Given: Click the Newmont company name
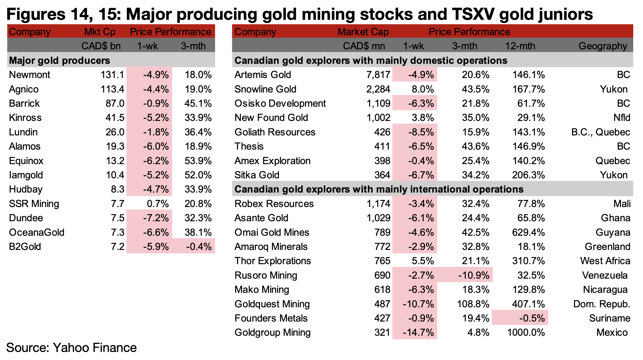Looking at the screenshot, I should (x=30, y=75).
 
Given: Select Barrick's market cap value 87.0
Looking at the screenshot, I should (x=115, y=103).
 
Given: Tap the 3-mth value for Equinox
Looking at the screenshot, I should (x=198, y=161).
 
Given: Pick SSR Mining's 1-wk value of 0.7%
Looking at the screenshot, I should (x=158, y=204).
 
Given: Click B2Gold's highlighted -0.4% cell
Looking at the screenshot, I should (x=199, y=247).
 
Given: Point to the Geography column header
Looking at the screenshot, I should (x=603, y=46).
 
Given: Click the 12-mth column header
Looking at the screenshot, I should (x=520, y=46).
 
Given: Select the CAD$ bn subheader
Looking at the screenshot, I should (x=101, y=46).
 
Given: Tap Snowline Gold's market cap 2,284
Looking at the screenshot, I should (x=378, y=89).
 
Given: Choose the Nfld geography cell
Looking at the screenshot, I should (x=622, y=118).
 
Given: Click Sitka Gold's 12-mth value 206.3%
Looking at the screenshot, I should (x=528, y=175).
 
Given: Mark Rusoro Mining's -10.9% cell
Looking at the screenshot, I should (x=474, y=275).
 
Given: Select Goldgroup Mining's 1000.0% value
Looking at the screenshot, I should (x=526, y=332).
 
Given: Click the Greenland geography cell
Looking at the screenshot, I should (x=607, y=247).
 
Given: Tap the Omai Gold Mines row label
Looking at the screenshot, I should (x=272, y=232).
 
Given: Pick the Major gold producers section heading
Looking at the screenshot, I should (x=59, y=60).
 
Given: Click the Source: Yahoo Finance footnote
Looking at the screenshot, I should (x=71, y=348).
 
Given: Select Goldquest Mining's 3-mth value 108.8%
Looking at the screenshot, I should (x=473, y=304).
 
